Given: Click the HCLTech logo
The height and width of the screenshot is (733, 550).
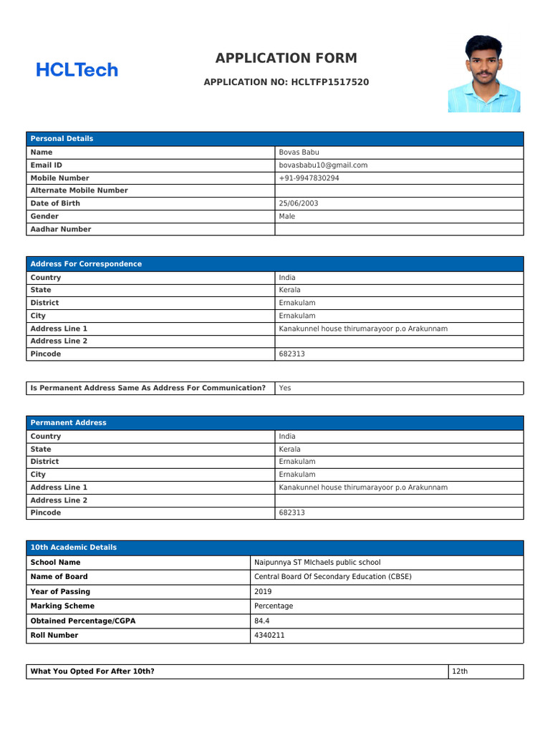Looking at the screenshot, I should point(77,70).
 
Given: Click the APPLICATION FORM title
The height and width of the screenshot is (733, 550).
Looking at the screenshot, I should point(286,59).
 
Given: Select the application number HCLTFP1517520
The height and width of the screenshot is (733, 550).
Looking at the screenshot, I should point(330,82).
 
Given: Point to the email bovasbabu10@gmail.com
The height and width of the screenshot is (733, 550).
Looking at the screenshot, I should point(323,165).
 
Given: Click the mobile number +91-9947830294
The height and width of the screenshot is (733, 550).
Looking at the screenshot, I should point(309,178).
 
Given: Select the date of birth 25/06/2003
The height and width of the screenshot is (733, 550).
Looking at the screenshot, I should point(299,203).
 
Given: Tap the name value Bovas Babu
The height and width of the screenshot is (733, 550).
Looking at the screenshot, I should point(299,152).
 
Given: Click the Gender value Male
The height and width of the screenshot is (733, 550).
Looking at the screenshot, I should point(287,216).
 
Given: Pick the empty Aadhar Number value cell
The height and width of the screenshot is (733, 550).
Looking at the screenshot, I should point(399,229).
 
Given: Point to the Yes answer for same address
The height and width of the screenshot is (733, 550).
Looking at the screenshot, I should point(285,388).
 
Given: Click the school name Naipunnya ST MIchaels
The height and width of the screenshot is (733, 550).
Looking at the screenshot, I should point(317,563).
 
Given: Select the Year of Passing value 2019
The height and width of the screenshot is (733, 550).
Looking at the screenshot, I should point(263,592).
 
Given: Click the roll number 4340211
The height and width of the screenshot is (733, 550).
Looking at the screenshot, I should point(269,635).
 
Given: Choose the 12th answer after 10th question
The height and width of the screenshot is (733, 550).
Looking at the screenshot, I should point(459,671).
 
